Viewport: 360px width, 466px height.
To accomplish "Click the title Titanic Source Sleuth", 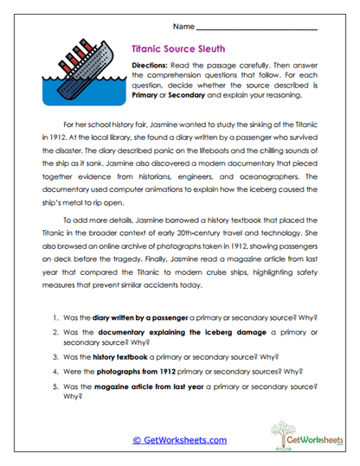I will [180, 50].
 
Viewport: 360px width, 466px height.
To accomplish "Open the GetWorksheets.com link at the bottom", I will [179, 440].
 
